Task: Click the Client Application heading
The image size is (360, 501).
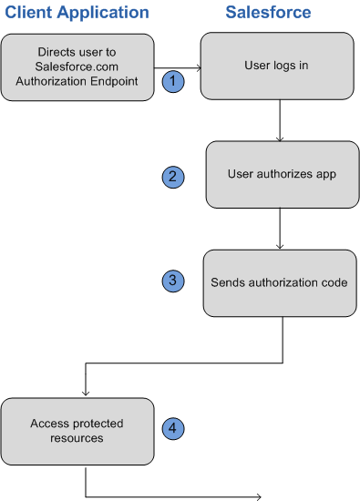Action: [x=77, y=13]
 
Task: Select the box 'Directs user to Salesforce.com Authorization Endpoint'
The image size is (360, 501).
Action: [x=77, y=67]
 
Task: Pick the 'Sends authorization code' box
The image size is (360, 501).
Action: [x=278, y=282]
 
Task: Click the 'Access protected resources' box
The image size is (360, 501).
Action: [x=77, y=432]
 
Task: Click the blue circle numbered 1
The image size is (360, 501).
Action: [x=173, y=81]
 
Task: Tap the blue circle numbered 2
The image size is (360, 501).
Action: [x=172, y=177]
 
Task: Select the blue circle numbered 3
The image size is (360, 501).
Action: [x=172, y=281]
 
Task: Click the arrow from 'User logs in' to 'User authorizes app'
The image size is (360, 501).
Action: [x=280, y=120]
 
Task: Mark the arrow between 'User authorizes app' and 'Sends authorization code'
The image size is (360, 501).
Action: [x=280, y=229]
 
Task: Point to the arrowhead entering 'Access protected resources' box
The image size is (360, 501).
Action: [x=85, y=393]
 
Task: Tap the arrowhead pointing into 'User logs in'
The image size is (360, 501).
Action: [x=196, y=67]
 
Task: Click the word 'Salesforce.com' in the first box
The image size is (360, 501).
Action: [x=77, y=67]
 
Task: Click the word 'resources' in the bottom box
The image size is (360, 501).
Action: [x=77, y=438]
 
